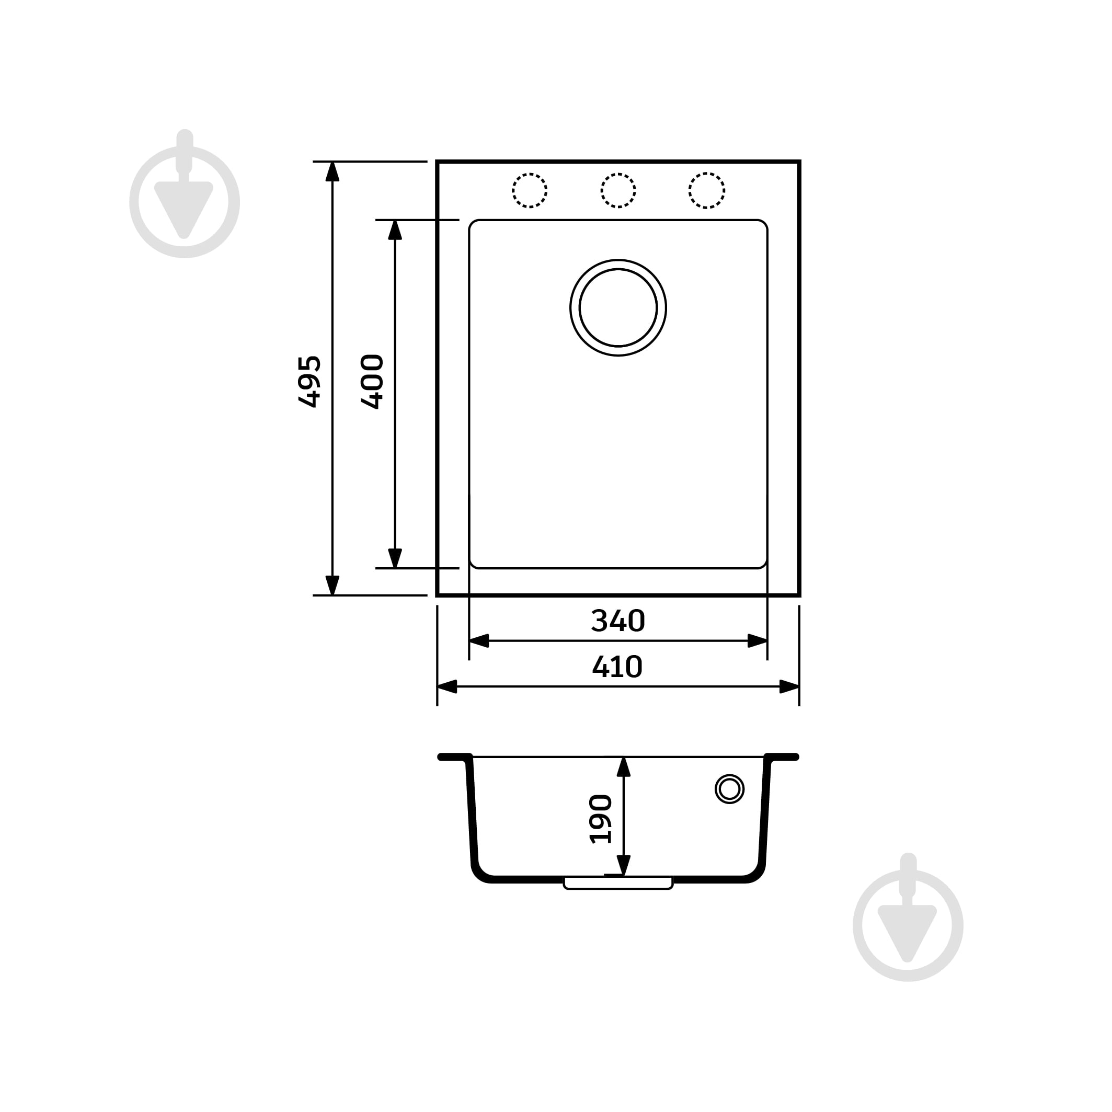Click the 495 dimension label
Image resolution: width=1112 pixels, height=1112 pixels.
[309, 382]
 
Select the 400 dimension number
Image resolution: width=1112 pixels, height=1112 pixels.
[372, 382]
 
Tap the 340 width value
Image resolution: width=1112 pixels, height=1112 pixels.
[617, 621]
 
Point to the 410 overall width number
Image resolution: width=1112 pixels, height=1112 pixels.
[617, 667]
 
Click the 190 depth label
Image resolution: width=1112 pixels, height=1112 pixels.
[601, 820]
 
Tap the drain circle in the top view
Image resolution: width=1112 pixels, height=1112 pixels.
[618, 260]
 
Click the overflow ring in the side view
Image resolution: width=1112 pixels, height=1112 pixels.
[730, 775]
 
